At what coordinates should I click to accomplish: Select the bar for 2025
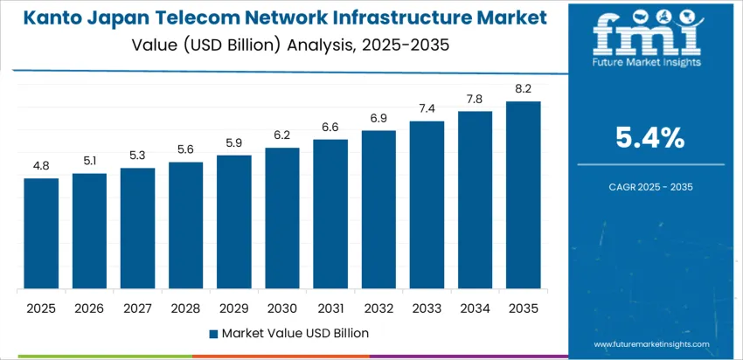41,233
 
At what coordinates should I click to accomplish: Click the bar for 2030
282,218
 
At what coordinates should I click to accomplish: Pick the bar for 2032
378,210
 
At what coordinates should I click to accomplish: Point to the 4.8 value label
41,166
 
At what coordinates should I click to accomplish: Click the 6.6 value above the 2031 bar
330,127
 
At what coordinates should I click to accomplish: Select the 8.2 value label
524,89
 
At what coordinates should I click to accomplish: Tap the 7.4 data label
427,108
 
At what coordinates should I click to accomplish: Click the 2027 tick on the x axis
137,308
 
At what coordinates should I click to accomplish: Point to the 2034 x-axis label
476,308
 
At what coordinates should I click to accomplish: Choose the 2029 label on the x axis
234,308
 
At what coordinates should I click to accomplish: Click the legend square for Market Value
214,333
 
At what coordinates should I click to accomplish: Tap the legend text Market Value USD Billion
295,333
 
